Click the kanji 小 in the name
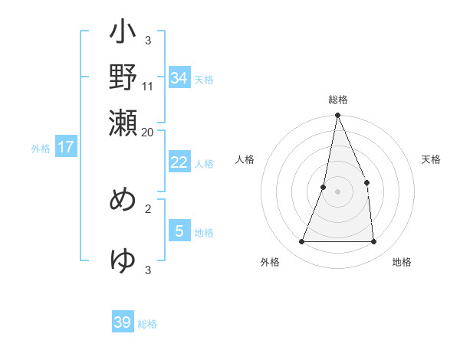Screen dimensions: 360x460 click(x=123, y=34)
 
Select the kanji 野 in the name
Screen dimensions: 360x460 click(x=123, y=77)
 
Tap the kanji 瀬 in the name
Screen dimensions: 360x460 click(x=123, y=121)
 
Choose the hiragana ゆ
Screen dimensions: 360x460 click(x=123, y=260)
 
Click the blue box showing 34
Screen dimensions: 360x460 click(x=179, y=77)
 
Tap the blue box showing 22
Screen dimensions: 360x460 click(x=179, y=162)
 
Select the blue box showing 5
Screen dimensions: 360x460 click(x=179, y=231)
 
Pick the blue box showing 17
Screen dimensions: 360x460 click(x=66, y=147)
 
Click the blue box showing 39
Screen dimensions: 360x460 click(x=123, y=322)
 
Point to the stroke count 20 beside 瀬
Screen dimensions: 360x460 click(x=148, y=132)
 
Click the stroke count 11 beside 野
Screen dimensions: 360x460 click(x=148, y=87)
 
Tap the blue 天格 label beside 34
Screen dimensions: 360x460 click(x=204, y=79)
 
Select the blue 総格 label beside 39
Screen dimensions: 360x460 click(x=147, y=324)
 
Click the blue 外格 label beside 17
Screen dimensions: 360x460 click(x=41, y=149)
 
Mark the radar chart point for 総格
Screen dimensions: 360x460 click(x=337, y=116)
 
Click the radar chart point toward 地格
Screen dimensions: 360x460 click(x=374, y=242)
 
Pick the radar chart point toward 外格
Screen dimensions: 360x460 click(x=301, y=242)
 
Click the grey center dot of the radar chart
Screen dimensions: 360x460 click(x=337, y=191)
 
